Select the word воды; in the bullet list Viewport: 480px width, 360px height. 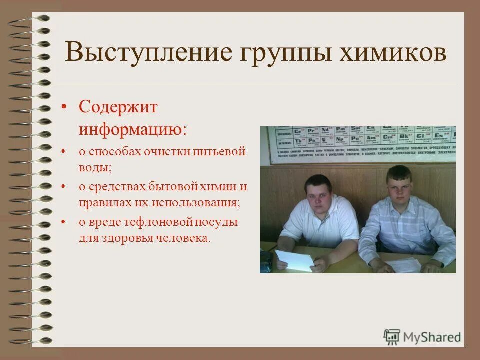click(x=94, y=167)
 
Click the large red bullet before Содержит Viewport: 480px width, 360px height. click(x=64, y=108)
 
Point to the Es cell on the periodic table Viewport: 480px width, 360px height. click(x=439, y=135)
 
